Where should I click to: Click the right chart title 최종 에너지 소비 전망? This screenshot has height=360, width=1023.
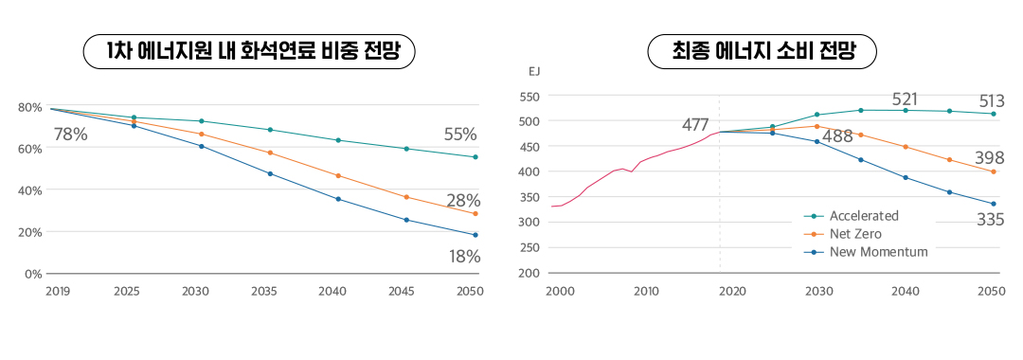pyautogui.click(x=763, y=52)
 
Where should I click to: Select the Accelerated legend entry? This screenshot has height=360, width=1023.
pyautogui.click(x=863, y=216)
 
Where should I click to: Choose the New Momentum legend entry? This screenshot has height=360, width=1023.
pyautogui.click(x=877, y=252)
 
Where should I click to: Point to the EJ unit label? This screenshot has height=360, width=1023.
pyautogui.click(x=534, y=71)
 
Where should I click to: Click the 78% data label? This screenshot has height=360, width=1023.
pyautogui.click(x=70, y=135)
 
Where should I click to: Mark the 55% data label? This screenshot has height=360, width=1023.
pyautogui.click(x=460, y=135)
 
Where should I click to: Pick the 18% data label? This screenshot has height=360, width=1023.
pyautogui.click(x=464, y=257)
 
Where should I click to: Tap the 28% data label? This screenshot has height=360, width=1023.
pyautogui.click(x=463, y=201)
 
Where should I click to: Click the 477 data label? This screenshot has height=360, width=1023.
pyautogui.click(x=695, y=125)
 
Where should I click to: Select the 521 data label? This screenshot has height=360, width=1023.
pyautogui.click(x=905, y=99)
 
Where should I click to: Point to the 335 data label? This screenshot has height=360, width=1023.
pyautogui.click(x=991, y=221)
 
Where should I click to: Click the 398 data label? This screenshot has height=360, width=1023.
pyautogui.click(x=990, y=157)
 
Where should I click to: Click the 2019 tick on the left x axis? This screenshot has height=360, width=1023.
pyautogui.click(x=58, y=291)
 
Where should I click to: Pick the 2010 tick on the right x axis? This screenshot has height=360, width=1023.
pyautogui.click(x=647, y=291)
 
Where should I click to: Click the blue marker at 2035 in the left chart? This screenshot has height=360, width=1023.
pyautogui.click(x=270, y=173)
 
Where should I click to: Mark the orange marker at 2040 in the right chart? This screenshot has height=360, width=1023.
pyautogui.click(x=906, y=147)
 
